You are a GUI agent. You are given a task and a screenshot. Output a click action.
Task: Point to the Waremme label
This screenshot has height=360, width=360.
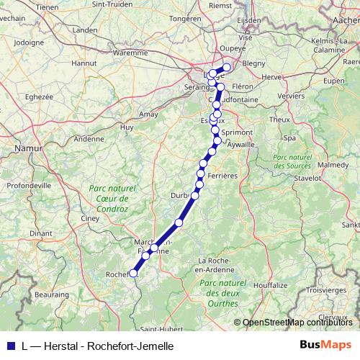point(130,52)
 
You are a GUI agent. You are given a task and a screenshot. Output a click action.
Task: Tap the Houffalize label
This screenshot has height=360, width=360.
point(270,285)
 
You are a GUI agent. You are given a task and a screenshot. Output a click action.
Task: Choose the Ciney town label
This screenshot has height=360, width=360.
point(90,217)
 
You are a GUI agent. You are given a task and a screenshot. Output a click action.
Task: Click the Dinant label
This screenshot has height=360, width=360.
point(40,233)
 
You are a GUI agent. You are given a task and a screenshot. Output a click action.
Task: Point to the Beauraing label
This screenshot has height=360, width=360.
point(52,294)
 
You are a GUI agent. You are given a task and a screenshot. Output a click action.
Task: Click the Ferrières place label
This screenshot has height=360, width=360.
point(222,176)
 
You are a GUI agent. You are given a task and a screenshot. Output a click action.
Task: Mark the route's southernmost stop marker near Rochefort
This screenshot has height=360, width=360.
point(132,273)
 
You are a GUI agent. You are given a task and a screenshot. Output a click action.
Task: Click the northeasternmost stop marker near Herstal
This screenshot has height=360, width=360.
point(228,68)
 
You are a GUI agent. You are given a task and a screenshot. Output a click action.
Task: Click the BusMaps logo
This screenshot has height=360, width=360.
point(325,346)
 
